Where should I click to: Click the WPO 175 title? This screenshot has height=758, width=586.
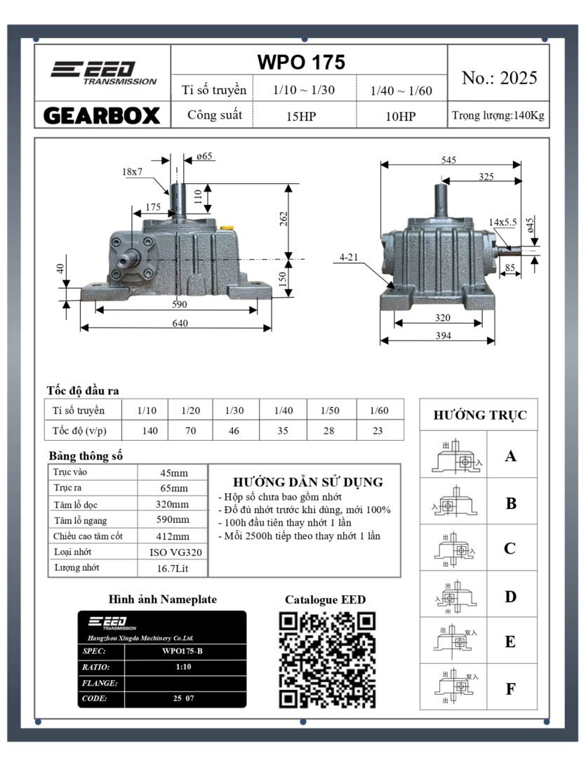[x=301, y=62]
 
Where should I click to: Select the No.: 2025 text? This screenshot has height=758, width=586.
[x=499, y=78]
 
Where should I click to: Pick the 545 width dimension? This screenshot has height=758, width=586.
[x=448, y=160]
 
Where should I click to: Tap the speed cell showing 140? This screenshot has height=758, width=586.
[x=149, y=430]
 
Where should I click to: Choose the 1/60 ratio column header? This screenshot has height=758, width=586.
[x=378, y=410]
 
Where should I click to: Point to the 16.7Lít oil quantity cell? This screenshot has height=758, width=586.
[x=173, y=568]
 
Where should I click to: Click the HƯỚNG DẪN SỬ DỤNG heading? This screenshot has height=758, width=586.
[x=307, y=482]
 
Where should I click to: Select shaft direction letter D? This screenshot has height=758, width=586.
[x=510, y=597]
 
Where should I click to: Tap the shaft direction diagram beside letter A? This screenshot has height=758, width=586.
[x=453, y=457]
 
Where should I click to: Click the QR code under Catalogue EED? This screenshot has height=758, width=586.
[x=327, y=659]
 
